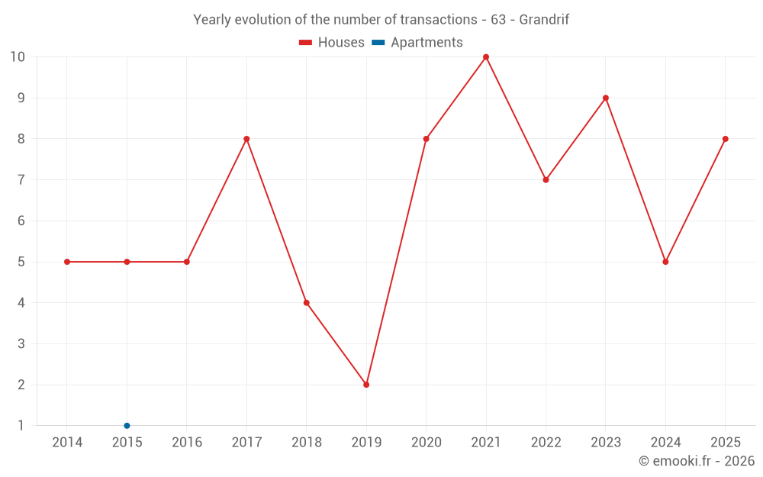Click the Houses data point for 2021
[485, 57]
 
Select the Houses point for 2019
[366, 385]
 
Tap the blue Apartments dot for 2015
[127, 425]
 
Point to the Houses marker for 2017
[246, 139]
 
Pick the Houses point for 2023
[605, 98]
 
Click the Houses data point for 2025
[725, 139]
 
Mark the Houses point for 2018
[307, 303]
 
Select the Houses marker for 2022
[546, 179]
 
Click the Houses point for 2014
[67, 262]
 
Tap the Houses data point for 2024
[665, 262]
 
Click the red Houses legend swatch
[305, 43]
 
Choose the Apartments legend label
[427, 43]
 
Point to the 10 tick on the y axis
[18, 57]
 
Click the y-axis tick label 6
[21, 221]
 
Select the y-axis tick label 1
[21, 425]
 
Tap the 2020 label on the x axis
[427, 442]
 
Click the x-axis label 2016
[187, 442]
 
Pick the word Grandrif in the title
[544, 20]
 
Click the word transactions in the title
[439, 20]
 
